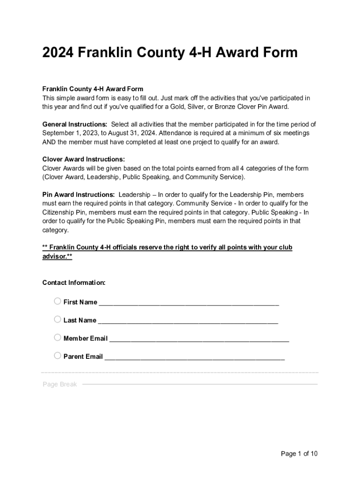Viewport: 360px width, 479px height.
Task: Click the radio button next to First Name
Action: click(x=58, y=301)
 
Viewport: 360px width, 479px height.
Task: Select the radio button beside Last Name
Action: click(x=58, y=319)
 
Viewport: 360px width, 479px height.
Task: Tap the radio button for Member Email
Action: click(x=58, y=337)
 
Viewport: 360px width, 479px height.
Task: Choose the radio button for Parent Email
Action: click(x=58, y=356)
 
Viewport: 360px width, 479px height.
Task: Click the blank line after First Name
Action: click(x=189, y=303)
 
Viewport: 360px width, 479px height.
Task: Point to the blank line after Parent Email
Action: click(x=194, y=357)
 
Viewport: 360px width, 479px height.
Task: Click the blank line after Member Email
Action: click(x=199, y=339)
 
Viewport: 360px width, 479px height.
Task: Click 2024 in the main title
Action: click(x=58, y=52)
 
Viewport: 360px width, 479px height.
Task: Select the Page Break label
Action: click(x=60, y=385)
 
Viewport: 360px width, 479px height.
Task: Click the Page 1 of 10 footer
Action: click(x=299, y=454)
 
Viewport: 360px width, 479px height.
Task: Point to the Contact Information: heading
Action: click(x=74, y=283)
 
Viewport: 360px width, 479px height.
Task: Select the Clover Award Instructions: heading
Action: click(x=84, y=159)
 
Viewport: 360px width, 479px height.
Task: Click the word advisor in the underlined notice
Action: click(x=55, y=256)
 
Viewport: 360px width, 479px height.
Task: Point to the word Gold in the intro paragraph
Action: click(x=170, y=107)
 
